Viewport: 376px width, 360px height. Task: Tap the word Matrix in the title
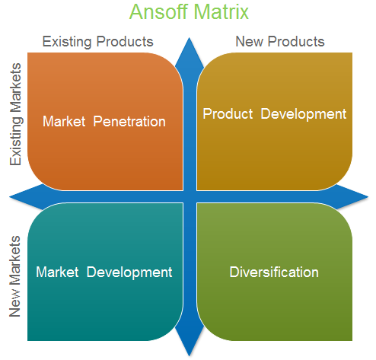coord(221,12)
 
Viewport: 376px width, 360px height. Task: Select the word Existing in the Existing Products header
coord(69,41)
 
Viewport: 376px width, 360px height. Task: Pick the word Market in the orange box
coord(65,121)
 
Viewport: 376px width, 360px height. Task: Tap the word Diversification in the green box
coord(274,272)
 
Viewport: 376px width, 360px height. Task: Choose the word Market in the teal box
coord(58,272)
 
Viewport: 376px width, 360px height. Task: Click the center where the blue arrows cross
coord(190,196)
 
